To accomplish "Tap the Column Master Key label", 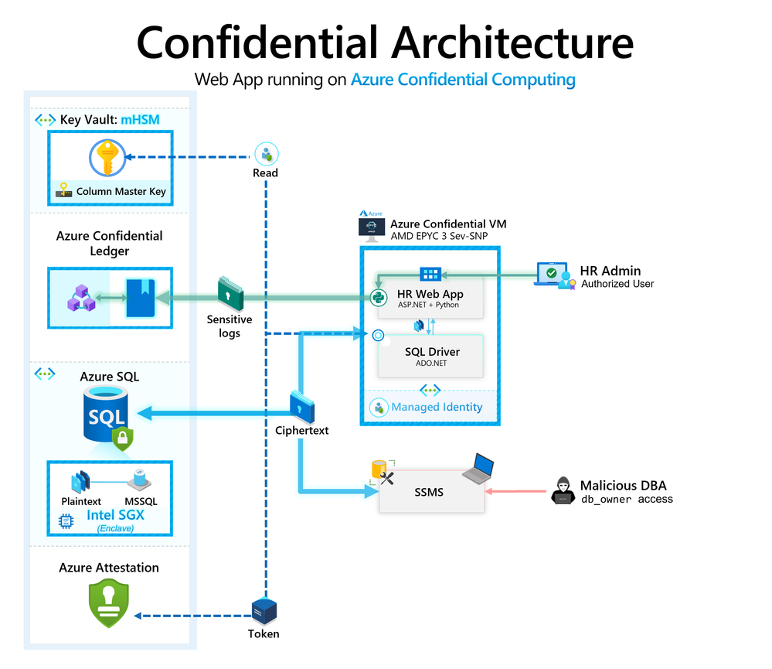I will tap(121, 192).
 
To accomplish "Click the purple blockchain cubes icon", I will tap(80, 298).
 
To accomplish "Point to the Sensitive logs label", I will tap(230, 326).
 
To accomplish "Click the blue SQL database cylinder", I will tap(107, 417).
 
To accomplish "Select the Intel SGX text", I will tap(115, 514).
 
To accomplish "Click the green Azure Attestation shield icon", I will tap(108, 602).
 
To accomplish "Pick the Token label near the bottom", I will tap(264, 633).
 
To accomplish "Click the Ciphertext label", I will tap(302, 430).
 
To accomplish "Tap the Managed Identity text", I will tap(437, 407).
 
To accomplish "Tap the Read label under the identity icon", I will tap(266, 173).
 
